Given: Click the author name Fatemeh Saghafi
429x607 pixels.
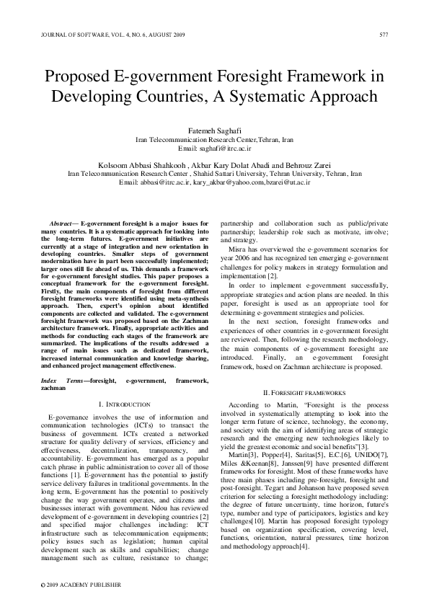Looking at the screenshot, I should tap(215, 130).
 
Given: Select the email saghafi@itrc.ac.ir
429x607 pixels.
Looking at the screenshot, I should tap(224, 148).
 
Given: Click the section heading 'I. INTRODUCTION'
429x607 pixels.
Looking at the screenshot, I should tap(124, 405).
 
